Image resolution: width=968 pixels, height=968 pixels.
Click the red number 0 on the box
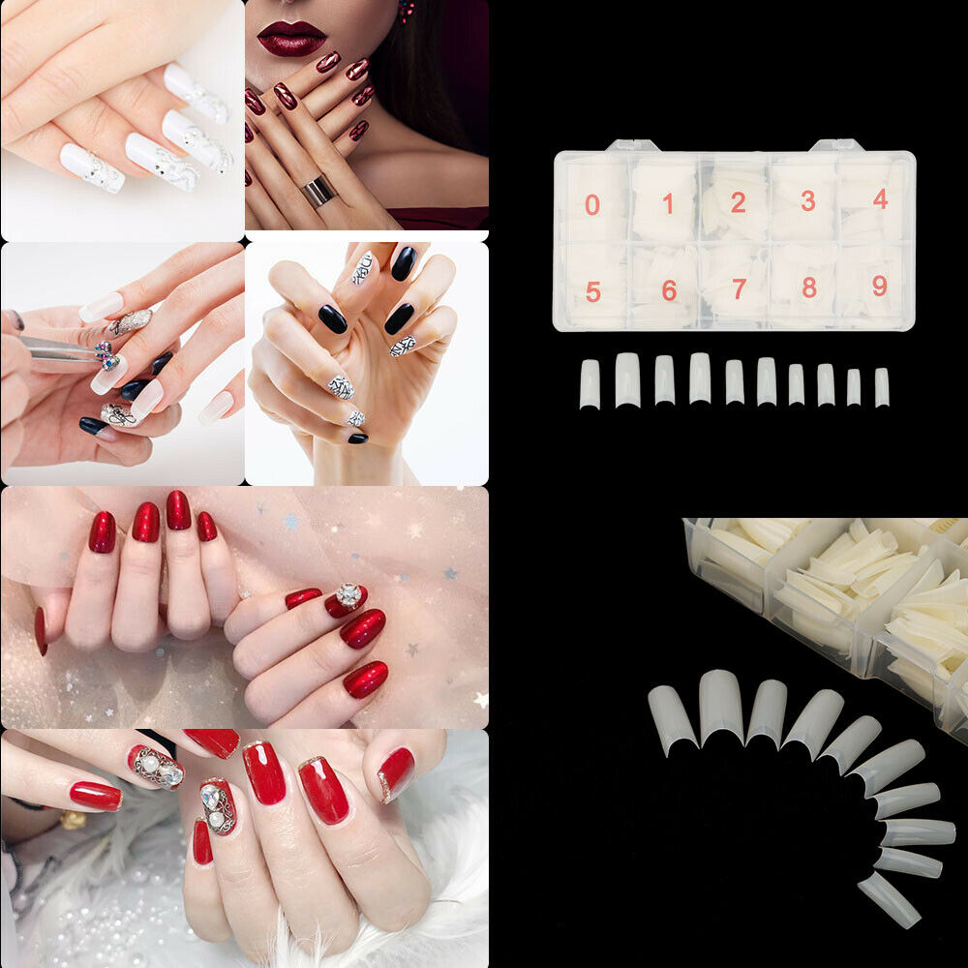click(592, 205)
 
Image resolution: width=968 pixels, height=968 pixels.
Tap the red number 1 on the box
click(667, 203)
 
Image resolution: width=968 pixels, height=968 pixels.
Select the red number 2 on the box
click(739, 203)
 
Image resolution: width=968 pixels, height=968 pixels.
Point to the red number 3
click(807, 201)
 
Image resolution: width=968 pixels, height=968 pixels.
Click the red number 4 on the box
click(880, 199)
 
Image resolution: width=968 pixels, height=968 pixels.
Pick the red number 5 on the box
click(593, 291)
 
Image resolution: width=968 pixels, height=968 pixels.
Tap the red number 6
click(669, 290)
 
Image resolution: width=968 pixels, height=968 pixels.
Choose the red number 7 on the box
click(740, 289)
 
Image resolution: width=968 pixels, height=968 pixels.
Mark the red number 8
click(809, 287)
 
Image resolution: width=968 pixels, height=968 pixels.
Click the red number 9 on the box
click(879, 287)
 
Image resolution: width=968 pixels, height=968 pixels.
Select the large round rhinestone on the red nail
click(348, 595)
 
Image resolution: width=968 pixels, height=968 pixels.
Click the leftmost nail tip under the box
click(590, 384)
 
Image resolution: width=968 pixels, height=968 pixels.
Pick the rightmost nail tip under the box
click(882, 387)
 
